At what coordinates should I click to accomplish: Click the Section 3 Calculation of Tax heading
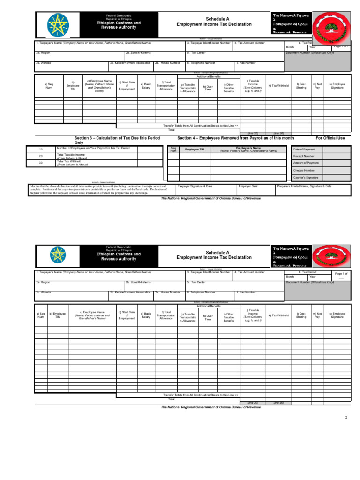(117, 140)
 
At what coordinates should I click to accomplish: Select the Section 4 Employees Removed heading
(236, 138)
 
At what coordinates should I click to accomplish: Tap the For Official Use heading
(330, 138)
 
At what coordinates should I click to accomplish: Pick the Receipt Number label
(304, 156)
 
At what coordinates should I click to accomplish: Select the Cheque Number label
(304, 171)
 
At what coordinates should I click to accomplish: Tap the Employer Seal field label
(248, 186)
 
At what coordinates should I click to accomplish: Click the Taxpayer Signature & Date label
(195, 186)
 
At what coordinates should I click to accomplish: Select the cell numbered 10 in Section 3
(41, 150)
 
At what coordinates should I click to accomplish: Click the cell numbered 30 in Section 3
(41, 163)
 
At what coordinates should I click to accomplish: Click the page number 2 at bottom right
(346, 418)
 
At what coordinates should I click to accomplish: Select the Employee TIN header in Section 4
(195, 149)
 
